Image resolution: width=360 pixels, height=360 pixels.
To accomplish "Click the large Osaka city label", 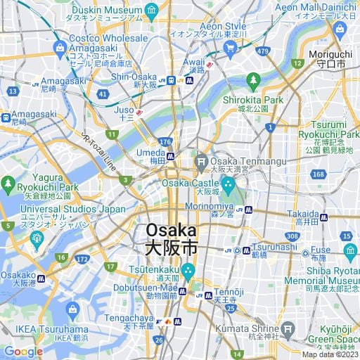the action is point(172,239).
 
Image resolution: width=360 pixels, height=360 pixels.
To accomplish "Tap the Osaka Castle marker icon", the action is point(228,184).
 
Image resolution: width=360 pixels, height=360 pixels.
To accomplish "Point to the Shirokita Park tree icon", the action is point(252,82).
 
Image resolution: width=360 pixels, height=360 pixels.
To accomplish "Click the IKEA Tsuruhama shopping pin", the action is point(72,309).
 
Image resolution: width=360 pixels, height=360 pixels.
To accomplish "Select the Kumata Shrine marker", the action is point(287,328).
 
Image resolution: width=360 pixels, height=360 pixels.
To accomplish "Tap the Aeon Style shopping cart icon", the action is point(229,48).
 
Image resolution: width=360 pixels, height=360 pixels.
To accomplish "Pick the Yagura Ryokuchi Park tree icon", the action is point(8,184).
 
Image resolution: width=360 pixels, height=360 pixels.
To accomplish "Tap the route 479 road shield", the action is point(263,51).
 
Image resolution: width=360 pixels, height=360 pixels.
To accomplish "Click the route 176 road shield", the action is point(165,142).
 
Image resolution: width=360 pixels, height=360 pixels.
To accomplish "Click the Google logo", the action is point(23,352).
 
